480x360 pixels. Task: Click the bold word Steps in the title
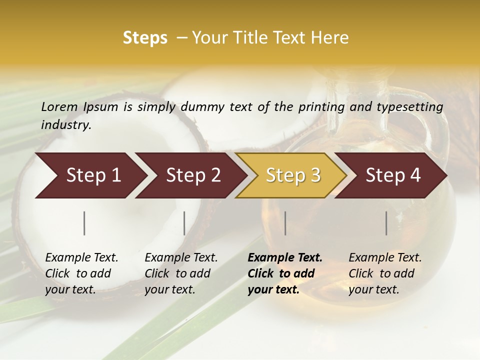[x=145, y=38]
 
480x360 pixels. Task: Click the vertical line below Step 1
[x=84, y=223]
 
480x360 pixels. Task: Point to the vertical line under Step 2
[x=184, y=223]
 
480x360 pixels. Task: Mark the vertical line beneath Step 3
[x=285, y=223]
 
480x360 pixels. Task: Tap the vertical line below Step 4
[x=386, y=223]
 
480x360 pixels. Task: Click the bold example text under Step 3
[x=285, y=273]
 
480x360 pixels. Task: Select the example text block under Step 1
[x=81, y=273]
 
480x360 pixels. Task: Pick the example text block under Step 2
[x=181, y=273]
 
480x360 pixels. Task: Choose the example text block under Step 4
[x=385, y=273]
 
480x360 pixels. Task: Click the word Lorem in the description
[x=59, y=106]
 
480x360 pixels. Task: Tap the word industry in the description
[x=66, y=125]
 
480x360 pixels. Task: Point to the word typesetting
[x=409, y=107]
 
